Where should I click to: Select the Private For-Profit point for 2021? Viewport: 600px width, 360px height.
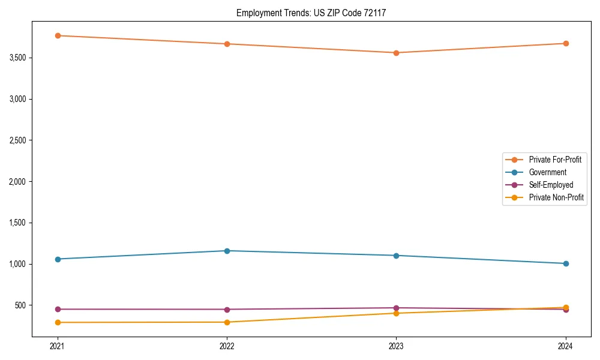(58, 35)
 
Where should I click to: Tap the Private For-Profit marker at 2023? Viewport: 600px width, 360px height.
(396, 53)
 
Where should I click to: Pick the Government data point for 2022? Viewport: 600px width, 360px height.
(227, 251)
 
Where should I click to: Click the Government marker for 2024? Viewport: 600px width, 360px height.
(566, 263)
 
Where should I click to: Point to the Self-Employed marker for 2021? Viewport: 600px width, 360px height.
(58, 309)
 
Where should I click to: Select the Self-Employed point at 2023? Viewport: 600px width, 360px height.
(396, 308)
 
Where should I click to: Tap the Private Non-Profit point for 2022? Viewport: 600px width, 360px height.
(227, 322)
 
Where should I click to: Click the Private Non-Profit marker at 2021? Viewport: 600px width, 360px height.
(58, 322)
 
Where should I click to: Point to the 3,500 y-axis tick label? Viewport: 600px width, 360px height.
(17, 58)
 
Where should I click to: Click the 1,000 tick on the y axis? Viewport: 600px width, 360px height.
(17, 264)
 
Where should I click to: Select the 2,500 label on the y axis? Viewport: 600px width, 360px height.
(17, 140)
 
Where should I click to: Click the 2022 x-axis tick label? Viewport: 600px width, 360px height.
(227, 346)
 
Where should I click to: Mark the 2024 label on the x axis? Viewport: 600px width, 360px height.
(566, 346)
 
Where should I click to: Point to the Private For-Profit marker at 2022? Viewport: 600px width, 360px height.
(227, 44)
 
